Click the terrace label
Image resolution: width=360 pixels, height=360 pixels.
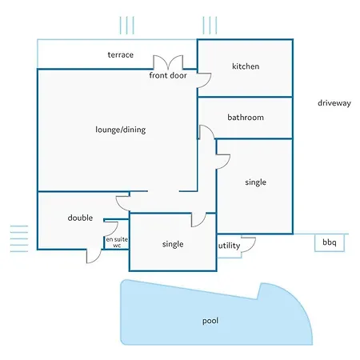click(x=121, y=55)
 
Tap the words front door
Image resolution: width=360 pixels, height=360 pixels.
click(x=168, y=75)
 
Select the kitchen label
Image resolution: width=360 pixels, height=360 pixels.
click(x=246, y=66)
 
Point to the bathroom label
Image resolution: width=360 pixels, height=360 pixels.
click(x=246, y=118)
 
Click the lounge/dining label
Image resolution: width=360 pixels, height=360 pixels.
click(x=121, y=130)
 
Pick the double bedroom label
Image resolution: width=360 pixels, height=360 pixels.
click(x=80, y=218)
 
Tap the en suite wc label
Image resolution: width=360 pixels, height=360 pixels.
click(x=117, y=242)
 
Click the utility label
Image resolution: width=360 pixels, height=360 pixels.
click(x=230, y=246)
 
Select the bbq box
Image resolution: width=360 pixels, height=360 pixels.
click(x=330, y=242)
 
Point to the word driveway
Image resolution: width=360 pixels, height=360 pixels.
click(x=334, y=103)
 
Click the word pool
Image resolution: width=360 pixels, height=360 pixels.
click(x=210, y=321)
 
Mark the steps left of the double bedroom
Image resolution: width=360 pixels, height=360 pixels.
click(x=19, y=238)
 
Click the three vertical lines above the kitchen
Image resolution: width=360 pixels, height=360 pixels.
click(x=210, y=26)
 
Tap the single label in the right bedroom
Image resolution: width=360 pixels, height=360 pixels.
click(x=256, y=182)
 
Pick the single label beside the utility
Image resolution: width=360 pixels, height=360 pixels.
click(x=173, y=244)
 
